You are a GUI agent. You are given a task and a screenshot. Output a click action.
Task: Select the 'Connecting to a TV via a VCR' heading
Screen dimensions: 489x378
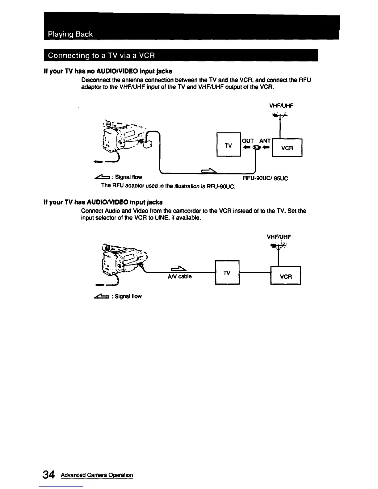click(x=100, y=56)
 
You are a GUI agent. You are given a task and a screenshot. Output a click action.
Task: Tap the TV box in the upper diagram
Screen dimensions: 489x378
click(x=229, y=144)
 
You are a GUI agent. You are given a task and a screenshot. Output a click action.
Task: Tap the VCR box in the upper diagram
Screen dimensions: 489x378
click(x=287, y=148)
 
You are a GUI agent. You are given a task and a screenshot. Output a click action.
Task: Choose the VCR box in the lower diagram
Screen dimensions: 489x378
click(x=286, y=277)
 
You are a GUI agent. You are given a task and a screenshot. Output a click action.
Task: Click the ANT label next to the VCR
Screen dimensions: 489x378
click(x=265, y=141)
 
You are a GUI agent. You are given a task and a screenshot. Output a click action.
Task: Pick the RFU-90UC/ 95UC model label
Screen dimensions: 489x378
click(x=266, y=178)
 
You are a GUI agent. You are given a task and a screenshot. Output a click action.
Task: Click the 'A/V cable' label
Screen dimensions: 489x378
click(x=180, y=277)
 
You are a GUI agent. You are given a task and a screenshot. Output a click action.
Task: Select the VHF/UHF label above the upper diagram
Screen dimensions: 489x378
click(x=281, y=106)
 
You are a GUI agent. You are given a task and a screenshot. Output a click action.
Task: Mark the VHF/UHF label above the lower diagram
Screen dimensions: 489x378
click(x=279, y=237)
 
